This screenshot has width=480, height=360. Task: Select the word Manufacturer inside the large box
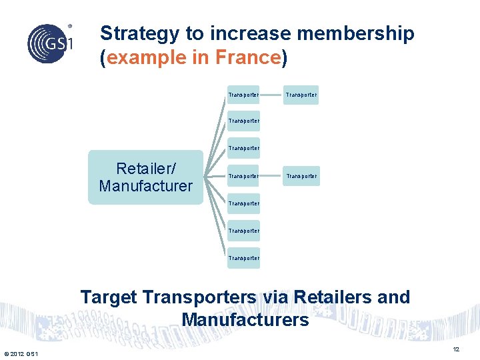145,186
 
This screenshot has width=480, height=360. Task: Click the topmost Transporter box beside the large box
243,95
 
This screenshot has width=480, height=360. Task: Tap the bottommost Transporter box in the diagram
243,258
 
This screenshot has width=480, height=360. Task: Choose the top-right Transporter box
301,95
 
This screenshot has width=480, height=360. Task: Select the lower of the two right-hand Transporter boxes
301,177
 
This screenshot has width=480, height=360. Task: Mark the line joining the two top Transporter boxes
272,95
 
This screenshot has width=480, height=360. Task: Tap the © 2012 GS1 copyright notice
21,353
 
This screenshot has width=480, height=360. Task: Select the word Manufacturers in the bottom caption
245,320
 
